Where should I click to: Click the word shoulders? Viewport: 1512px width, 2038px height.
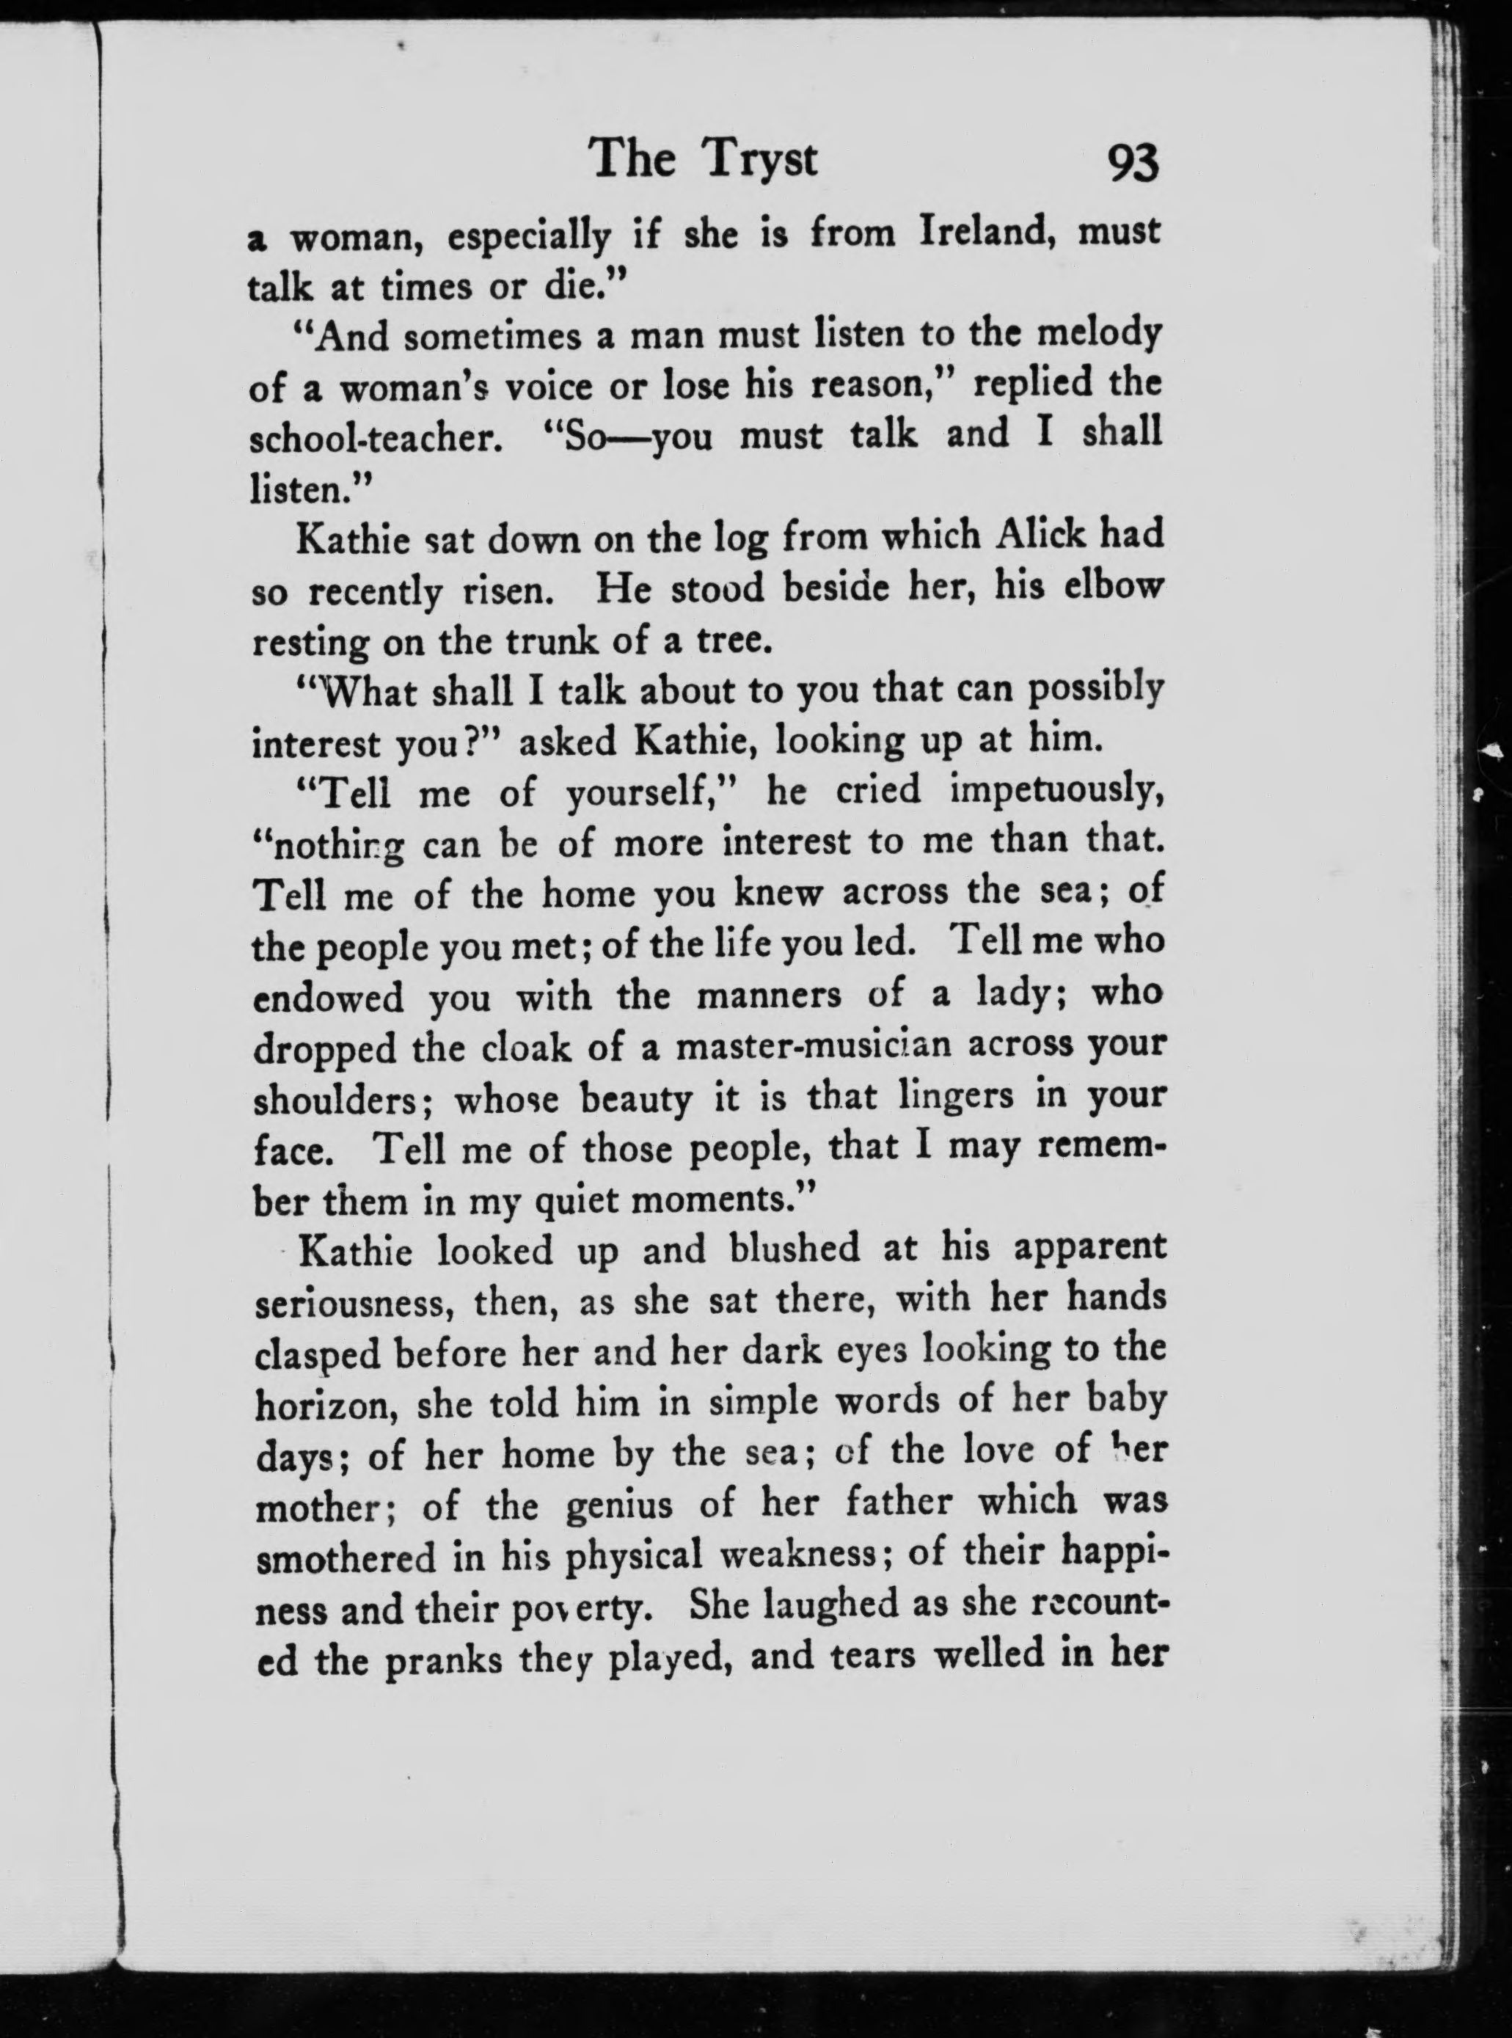click(x=343, y=1098)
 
